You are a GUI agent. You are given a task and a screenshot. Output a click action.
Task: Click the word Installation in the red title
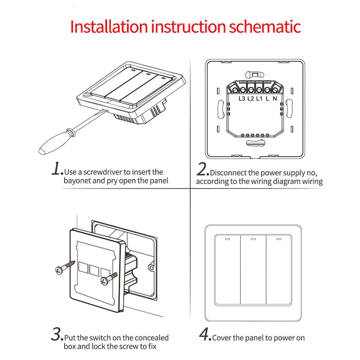(108, 27)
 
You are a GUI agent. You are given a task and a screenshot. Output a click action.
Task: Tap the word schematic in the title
(265, 27)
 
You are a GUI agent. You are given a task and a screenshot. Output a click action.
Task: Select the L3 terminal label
(242, 99)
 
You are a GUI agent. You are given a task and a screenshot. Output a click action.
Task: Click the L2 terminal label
(251, 99)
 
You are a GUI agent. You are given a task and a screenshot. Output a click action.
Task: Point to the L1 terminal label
(259, 99)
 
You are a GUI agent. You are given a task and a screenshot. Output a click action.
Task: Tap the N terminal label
(275, 99)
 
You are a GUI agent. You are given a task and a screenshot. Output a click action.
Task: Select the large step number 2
(203, 170)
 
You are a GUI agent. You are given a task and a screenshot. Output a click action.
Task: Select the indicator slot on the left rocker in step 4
(227, 239)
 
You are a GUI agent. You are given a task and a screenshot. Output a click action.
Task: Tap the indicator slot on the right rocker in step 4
(278, 239)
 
